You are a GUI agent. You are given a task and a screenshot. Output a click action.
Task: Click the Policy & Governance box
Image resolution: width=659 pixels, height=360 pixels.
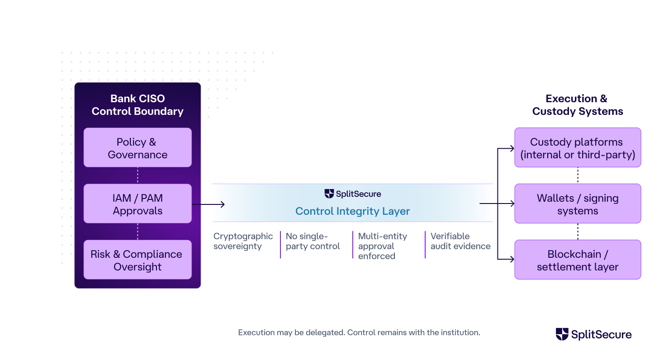pos(137,148)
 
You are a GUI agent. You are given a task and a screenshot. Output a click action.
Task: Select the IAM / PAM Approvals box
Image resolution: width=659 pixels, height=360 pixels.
pos(137,204)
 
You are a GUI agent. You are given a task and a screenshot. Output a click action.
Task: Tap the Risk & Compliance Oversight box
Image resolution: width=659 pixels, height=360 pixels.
pos(137,260)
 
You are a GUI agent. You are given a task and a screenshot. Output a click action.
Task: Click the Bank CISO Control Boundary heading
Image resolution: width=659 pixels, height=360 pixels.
pos(137,105)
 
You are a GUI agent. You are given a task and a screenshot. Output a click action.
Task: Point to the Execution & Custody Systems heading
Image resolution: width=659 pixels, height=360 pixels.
pos(577,105)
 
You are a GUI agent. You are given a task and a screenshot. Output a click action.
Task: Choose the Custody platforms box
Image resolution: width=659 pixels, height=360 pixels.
pos(578,148)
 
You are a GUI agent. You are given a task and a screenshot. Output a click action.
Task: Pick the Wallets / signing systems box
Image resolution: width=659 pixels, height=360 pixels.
pos(578,204)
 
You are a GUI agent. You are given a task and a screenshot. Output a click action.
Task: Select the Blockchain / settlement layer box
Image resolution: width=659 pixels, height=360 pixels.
pos(578,260)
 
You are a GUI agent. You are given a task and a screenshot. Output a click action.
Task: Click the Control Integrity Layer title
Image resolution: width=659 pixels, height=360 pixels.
pos(352,211)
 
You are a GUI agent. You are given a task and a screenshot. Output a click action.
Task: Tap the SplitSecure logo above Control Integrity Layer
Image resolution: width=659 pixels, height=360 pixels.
pos(352,194)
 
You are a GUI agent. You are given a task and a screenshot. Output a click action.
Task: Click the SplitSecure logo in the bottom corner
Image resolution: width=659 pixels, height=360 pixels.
pos(593,335)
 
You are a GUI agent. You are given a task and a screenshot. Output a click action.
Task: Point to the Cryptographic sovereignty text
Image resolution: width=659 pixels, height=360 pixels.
pos(243,241)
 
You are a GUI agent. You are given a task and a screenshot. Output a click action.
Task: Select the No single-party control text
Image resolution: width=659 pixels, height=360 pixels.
pos(313,241)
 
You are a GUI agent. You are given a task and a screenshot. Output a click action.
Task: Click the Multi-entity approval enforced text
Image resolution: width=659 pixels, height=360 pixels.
pos(382,246)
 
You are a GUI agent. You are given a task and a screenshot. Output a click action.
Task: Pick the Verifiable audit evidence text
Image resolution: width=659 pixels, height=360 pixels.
pos(460,241)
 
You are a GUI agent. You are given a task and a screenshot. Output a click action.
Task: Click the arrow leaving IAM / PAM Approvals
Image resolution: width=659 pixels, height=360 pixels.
pos(208,204)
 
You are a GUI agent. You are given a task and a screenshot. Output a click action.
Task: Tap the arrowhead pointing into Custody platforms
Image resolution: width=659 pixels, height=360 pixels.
pos(512,148)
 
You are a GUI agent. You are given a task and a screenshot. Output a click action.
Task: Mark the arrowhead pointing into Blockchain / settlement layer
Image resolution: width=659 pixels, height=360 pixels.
pos(512,260)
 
